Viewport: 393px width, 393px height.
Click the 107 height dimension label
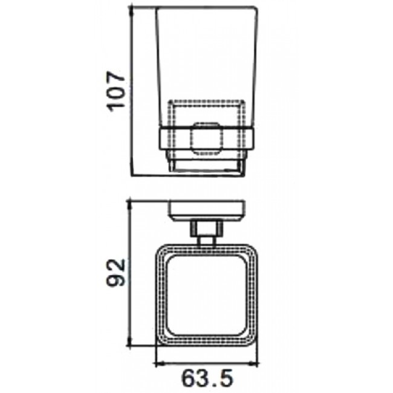116,91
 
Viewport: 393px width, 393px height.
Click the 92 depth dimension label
116,273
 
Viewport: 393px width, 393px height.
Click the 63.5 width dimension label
207,377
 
